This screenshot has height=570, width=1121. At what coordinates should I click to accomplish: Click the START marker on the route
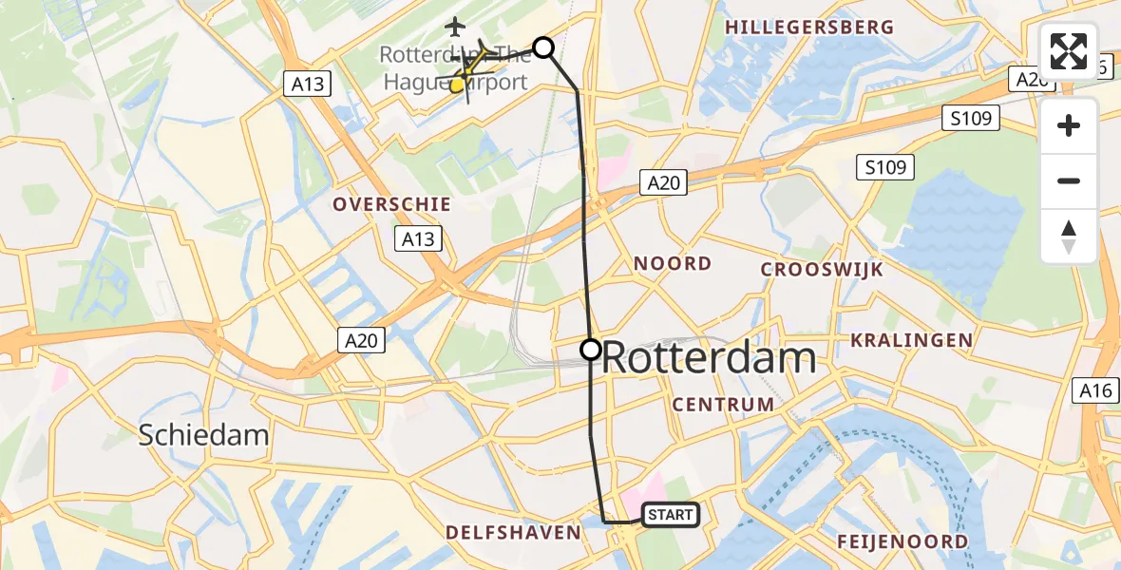(672, 515)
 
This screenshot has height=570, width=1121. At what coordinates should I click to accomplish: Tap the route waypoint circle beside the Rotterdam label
(591, 350)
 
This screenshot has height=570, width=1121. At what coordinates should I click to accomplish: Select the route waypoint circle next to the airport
(543, 47)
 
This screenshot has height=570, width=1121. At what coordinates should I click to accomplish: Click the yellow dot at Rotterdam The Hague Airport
(457, 85)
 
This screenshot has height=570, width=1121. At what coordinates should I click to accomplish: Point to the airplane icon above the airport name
(457, 25)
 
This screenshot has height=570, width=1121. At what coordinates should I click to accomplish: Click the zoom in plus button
(1069, 125)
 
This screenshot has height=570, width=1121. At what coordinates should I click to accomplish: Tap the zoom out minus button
(1069, 180)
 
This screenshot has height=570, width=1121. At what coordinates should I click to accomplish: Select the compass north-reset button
(1069, 237)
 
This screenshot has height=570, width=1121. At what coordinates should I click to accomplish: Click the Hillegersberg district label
(809, 27)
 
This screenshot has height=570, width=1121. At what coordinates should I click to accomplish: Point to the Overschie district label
(391, 204)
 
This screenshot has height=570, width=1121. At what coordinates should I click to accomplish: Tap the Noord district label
(673, 263)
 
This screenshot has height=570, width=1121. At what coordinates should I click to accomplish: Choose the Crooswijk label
(822, 270)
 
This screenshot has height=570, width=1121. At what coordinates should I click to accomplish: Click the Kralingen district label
(912, 340)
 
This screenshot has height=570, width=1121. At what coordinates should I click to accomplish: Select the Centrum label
(724, 405)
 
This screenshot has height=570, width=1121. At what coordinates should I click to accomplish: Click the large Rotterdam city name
(709, 359)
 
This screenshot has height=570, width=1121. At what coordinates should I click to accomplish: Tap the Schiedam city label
(203, 436)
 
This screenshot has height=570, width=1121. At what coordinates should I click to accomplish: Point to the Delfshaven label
(514, 533)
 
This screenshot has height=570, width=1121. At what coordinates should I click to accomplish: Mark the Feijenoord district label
(902, 542)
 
